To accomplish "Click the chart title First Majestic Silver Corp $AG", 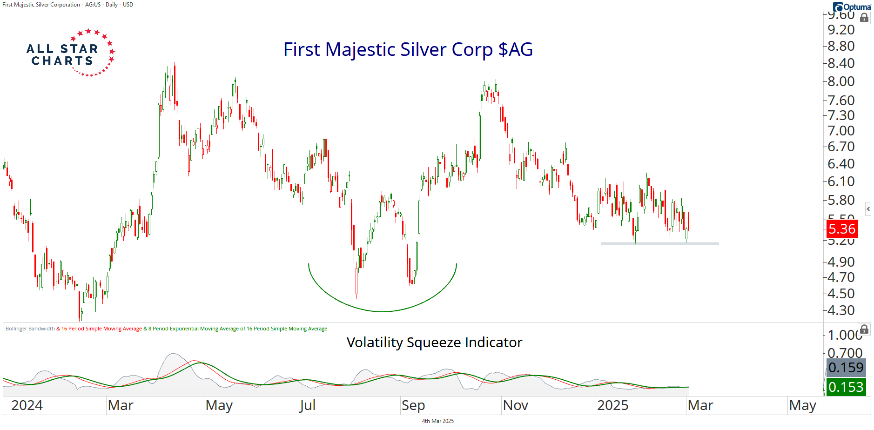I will (408, 49).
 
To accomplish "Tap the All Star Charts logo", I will (70, 53).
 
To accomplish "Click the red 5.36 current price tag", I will (842, 229).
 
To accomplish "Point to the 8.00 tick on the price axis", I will (841, 81).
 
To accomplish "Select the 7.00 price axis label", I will (841, 131).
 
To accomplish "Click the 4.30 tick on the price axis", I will (841, 310).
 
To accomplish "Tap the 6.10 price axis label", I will (841, 181).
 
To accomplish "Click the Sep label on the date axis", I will (413, 405).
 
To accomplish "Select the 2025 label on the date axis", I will (612, 405).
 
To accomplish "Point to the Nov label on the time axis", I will (516, 405).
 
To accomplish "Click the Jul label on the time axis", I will (308, 405).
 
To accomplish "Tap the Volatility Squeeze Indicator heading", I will (434, 343).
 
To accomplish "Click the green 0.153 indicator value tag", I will (846, 387).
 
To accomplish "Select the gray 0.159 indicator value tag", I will (846, 368).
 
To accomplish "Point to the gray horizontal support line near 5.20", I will (659, 243).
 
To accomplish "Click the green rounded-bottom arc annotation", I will (382, 311).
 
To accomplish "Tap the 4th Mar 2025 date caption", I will (437, 421).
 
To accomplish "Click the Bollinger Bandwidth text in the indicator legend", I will (30, 329).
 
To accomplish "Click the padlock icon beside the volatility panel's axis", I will (864, 330).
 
